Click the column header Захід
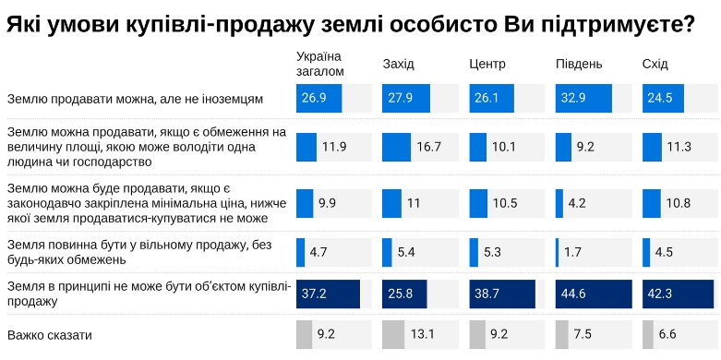(x=399, y=64)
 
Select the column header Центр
(x=487, y=64)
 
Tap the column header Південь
(x=579, y=64)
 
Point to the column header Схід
(x=655, y=64)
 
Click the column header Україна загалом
(x=320, y=64)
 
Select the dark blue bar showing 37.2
(x=328, y=294)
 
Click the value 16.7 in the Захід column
(x=429, y=148)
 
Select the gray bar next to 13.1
(x=393, y=334)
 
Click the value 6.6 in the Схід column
(x=669, y=334)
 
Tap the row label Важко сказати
(x=50, y=334)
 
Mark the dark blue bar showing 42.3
(x=679, y=294)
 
